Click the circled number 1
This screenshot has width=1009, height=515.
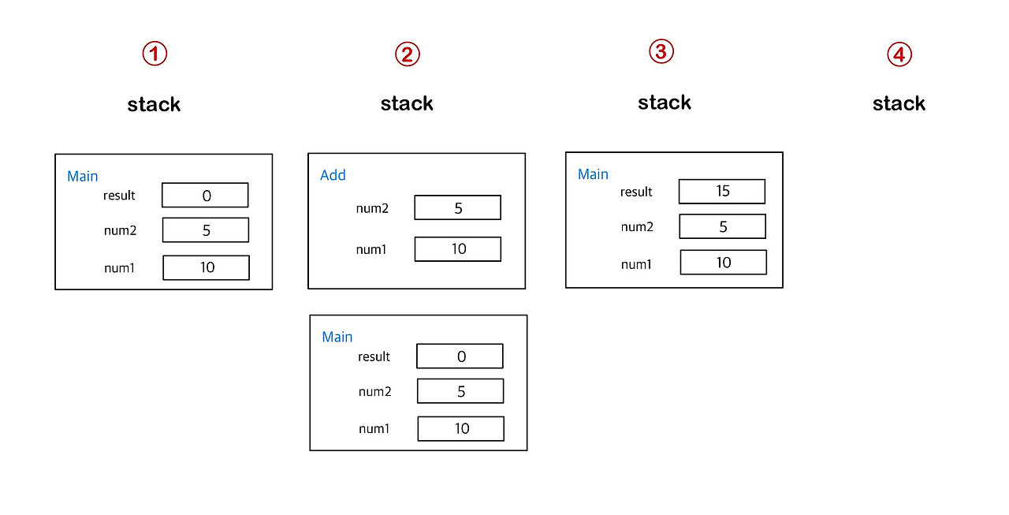point(155,54)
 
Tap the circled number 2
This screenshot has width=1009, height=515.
point(408,54)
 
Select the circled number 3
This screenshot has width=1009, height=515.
point(661,51)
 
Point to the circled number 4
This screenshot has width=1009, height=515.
point(899,54)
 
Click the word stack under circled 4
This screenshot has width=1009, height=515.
point(899,103)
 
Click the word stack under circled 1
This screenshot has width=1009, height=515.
point(154,104)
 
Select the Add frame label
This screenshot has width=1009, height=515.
point(333,175)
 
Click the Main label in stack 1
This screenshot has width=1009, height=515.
point(83,176)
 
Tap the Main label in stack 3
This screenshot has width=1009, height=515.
point(593,174)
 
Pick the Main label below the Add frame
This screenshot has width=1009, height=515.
point(337,337)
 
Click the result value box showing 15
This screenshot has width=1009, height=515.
point(722,192)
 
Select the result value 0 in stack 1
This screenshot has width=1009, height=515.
point(205,196)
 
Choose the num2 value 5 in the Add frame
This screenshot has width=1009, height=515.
point(457,208)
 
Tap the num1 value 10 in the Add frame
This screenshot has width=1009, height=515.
point(457,249)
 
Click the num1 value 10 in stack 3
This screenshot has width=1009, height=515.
point(723,263)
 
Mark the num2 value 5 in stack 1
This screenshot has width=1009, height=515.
point(205,230)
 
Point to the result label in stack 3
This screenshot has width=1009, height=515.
point(636,192)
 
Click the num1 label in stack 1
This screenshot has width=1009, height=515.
point(119,268)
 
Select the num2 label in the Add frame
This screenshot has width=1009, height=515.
point(372,208)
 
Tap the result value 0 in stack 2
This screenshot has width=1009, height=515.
point(460,356)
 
